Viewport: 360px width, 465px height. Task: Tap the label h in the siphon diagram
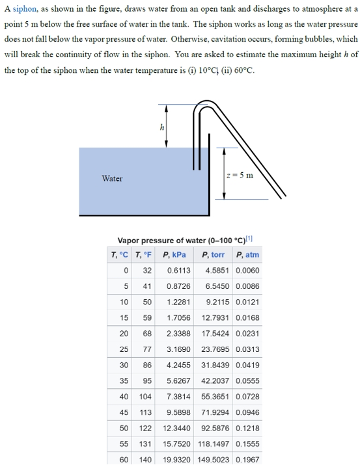tap(161, 127)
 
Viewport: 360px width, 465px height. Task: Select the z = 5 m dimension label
tap(239, 175)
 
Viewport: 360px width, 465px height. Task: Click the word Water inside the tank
tap(112, 178)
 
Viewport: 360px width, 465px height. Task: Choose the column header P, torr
tap(215, 254)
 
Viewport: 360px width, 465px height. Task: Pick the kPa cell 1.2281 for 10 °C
tap(178, 302)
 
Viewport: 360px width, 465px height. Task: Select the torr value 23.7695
tap(216, 349)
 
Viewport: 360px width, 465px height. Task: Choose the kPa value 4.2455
tap(178, 365)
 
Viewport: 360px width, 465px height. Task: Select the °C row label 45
tap(122, 412)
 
